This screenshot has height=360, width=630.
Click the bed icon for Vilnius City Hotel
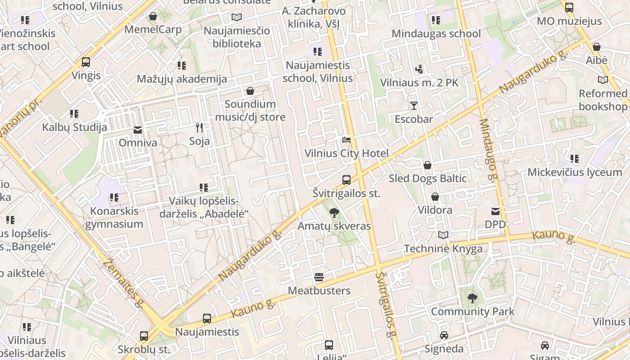click(346, 140)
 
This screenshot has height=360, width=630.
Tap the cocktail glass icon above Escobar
click(414, 106)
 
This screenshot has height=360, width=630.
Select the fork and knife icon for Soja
click(199, 128)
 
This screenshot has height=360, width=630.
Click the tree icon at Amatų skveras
click(334, 212)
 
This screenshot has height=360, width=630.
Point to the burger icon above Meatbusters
click(319, 277)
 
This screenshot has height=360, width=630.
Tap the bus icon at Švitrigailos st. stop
click(346, 180)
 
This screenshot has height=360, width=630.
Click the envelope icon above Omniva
click(138, 130)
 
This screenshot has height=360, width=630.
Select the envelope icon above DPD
click(495, 211)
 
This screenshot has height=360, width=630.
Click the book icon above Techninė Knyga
click(443, 235)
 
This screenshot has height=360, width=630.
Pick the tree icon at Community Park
click(472, 298)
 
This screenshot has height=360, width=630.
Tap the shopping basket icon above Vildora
click(435, 197)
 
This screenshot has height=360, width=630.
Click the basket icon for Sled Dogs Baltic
click(427, 165)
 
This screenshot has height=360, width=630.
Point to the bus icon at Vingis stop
click(86, 62)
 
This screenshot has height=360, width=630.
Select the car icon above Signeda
click(444, 335)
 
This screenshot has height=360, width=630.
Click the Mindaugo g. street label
click(489, 148)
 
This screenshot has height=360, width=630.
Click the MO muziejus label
click(569, 21)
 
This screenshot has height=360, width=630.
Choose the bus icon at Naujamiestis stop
click(207, 319)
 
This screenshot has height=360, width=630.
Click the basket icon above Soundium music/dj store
click(250, 91)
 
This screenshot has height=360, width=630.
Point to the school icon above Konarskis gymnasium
click(114, 198)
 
